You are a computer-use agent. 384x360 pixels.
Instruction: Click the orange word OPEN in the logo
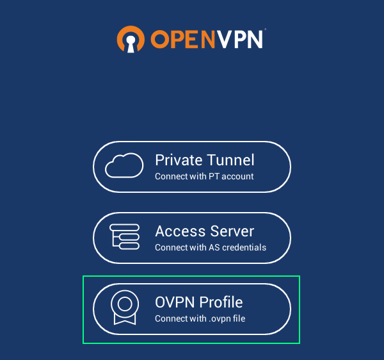pyautogui.click(x=182, y=39)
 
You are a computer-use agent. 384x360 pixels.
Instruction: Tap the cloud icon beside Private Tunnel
pyautogui.click(x=124, y=165)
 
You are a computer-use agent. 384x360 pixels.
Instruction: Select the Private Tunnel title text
pyautogui.click(x=205, y=160)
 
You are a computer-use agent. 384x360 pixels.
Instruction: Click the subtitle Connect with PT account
pyautogui.click(x=204, y=176)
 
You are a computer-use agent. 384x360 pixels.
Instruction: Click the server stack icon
pyautogui.click(x=125, y=237)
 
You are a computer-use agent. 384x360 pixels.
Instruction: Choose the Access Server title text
pyautogui.click(x=205, y=231)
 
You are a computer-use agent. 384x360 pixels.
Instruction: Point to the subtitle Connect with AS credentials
pyautogui.click(x=211, y=247)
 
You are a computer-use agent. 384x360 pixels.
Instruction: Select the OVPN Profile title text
pyautogui.click(x=199, y=302)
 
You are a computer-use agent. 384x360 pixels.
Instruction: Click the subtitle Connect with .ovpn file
pyautogui.click(x=200, y=318)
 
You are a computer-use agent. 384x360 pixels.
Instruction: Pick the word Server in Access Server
pyautogui.click(x=232, y=231)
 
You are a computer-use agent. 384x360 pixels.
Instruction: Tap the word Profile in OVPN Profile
pyautogui.click(x=221, y=302)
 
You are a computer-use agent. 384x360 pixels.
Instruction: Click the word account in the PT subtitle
pyautogui.click(x=237, y=177)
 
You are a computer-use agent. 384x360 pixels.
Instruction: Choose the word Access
pyautogui.click(x=180, y=231)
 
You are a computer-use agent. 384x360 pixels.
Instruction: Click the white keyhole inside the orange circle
pyautogui.click(x=131, y=44)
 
